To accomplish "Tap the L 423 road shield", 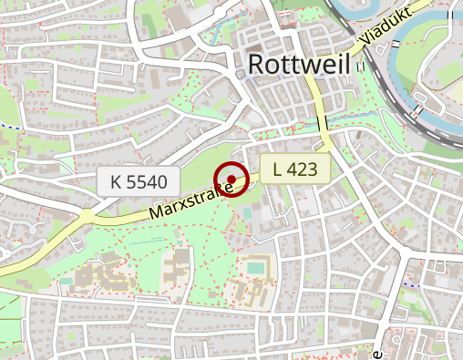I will tap(294, 168).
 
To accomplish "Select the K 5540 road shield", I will tap(139, 181).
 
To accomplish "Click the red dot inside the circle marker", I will tap(232, 178).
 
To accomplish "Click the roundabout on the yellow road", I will tap(87, 215).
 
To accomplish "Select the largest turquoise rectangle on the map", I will tap(258, 267).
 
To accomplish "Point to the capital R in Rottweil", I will tap(256, 64).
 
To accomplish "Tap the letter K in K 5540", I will tap(116, 181).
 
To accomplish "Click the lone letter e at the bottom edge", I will tap(376, 352).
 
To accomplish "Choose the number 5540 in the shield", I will tap(148, 181).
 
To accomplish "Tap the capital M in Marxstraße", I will tap(156, 211).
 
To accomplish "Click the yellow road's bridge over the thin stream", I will tap(321, 122).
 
